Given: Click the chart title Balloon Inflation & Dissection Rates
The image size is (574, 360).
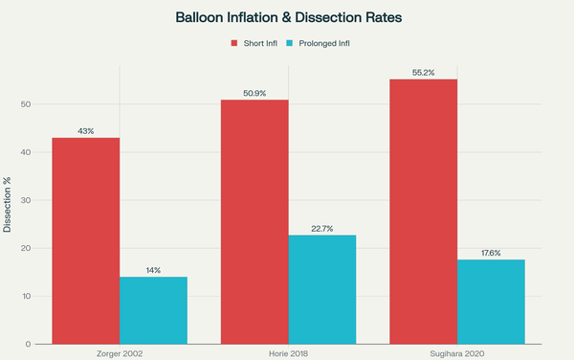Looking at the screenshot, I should [287, 17].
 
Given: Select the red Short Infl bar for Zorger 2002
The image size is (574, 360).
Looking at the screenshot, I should [85, 240].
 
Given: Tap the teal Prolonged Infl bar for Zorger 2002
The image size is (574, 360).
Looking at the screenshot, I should [153, 310].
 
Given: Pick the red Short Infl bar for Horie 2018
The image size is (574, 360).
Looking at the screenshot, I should [254, 221].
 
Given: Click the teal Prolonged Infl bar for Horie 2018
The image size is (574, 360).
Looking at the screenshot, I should [322, 289].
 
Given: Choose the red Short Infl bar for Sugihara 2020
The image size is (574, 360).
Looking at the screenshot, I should [424, 211].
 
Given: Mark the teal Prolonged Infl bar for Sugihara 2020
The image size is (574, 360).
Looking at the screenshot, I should [491, 302].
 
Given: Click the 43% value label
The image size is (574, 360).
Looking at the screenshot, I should [85, 130].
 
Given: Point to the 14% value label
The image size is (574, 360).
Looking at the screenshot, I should [153, 269].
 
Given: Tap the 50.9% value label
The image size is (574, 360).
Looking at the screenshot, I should [254, 92].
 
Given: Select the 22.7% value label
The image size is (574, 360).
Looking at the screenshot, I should [322, 227].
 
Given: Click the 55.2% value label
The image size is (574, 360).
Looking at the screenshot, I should [424, 72].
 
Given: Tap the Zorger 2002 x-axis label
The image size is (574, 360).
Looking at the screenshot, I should [120, 353].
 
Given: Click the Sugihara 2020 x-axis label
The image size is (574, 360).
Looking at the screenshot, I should [457, 353].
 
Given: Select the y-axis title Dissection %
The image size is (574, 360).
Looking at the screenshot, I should [8, 204].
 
